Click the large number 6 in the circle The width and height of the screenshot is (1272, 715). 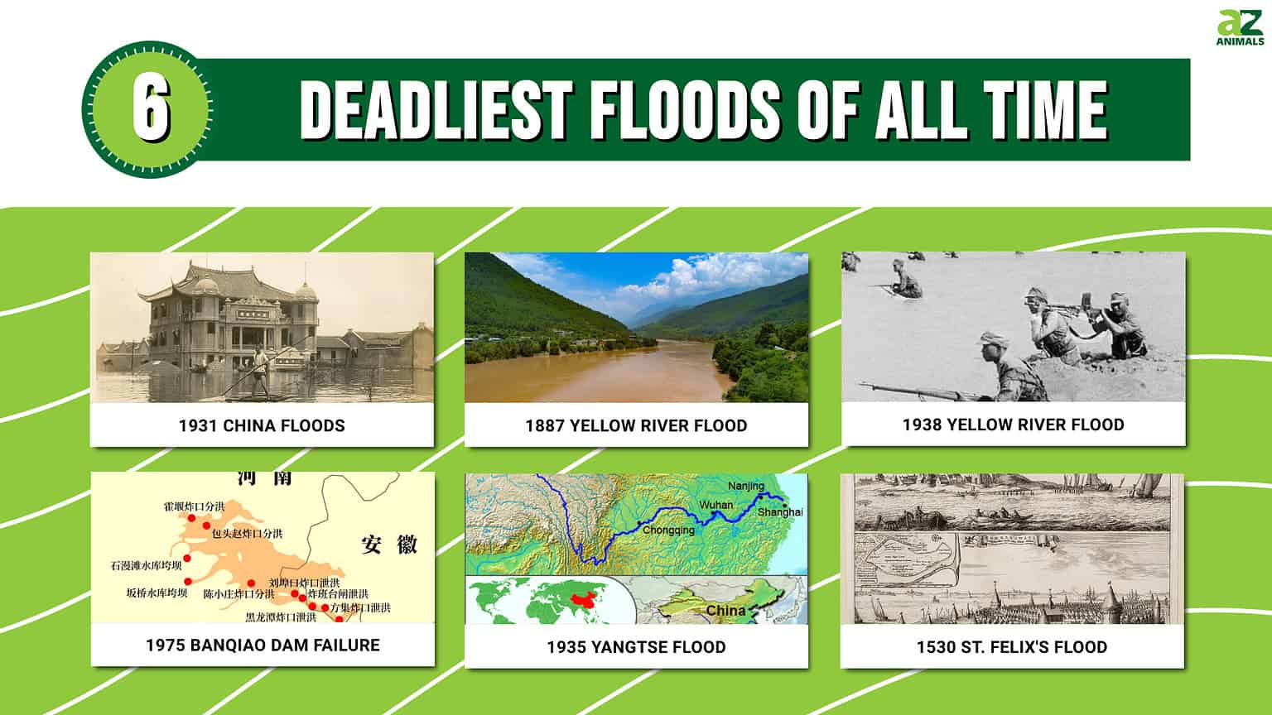[151, 110]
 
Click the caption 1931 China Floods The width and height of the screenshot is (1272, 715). [262, 425]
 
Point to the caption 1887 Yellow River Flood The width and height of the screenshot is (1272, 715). [636, 425]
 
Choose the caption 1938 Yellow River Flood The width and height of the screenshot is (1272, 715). [1013, 425]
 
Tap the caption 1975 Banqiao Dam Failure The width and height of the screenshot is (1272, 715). [263, 645]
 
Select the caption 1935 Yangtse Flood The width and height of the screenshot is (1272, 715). [636, 646]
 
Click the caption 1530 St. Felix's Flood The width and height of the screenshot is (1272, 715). [1011, 646]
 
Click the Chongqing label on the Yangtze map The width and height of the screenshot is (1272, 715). [669, 530]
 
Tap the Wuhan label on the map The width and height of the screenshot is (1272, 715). [715, 504]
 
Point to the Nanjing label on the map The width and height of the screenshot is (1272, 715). [746, 486]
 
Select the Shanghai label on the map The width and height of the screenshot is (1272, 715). [780, 512]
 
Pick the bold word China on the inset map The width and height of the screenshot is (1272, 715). [725, 611]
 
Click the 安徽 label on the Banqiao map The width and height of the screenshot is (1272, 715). [389, 545]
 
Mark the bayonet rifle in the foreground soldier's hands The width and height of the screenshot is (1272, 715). [911, 389]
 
